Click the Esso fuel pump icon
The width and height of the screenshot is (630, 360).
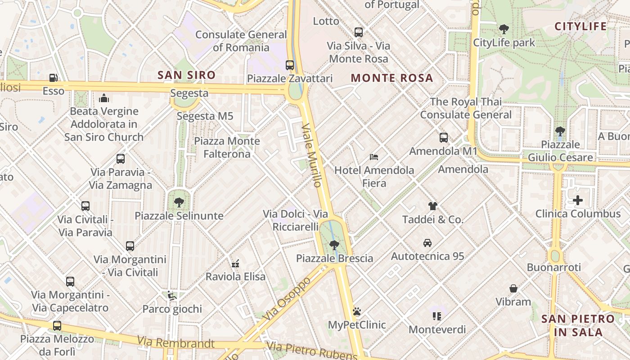pyautogui.click(x=54, y=78)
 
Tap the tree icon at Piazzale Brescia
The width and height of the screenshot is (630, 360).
pyautogui.click(x=334, y=245)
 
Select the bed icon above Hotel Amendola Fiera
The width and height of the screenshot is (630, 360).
pyautogui.click(x=374, y=157)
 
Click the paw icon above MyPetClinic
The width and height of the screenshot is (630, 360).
pyautogui.click(x=357, y=311)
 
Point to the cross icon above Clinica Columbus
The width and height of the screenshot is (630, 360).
pyautogui.click(x=578, y=200)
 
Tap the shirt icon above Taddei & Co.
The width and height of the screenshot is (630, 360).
pyautogui.click(x=432, y=206)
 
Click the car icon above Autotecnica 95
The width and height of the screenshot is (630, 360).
pyautogui.click(x=427, y=243)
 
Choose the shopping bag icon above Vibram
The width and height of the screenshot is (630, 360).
pyautogui.click(x=513, y=288)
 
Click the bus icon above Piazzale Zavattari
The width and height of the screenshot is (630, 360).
pyautogui.click(x=290, y=65)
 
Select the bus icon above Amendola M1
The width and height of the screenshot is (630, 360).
pyautogui.click(x=443, y=138)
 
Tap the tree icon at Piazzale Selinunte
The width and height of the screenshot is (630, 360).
pyautogui.click(x=179, y=202)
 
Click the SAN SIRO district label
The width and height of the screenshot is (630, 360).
pyautogui.click(x=186, y=75)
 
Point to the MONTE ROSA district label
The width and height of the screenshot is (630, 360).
pyautogui.click(x=392, y=78)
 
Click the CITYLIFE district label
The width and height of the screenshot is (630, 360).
pyautogui.click(x=580, y=27)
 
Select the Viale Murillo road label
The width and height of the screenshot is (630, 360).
pyautogui.click(x=312, y=155)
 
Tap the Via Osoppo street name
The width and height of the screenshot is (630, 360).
pyautogui.click(x=288, y=299)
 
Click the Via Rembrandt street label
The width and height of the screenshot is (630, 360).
pyautogui.click(x=176, y=343)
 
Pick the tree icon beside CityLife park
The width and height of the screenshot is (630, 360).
pyautogui.click(x=504, y=29)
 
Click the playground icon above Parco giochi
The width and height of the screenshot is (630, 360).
pyautogui.click(x=171, y=296)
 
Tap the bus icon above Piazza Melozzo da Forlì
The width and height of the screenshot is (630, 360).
pyautogui.click(x=57, y=326)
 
